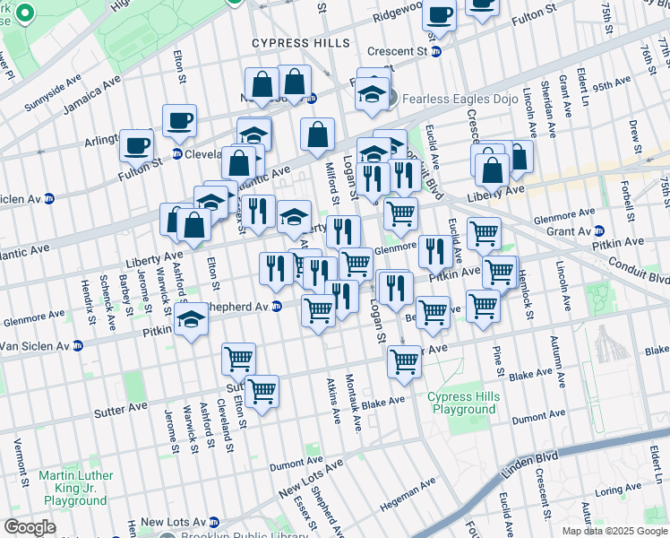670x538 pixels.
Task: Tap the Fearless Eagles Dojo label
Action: (x=460, y=99)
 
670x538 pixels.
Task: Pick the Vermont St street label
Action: (x=17, y=460)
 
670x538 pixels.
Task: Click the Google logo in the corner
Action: (x=30, y=527)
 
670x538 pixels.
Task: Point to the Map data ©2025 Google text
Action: (x=614, y=531)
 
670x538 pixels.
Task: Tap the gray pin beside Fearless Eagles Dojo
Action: (x=391, y=99)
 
